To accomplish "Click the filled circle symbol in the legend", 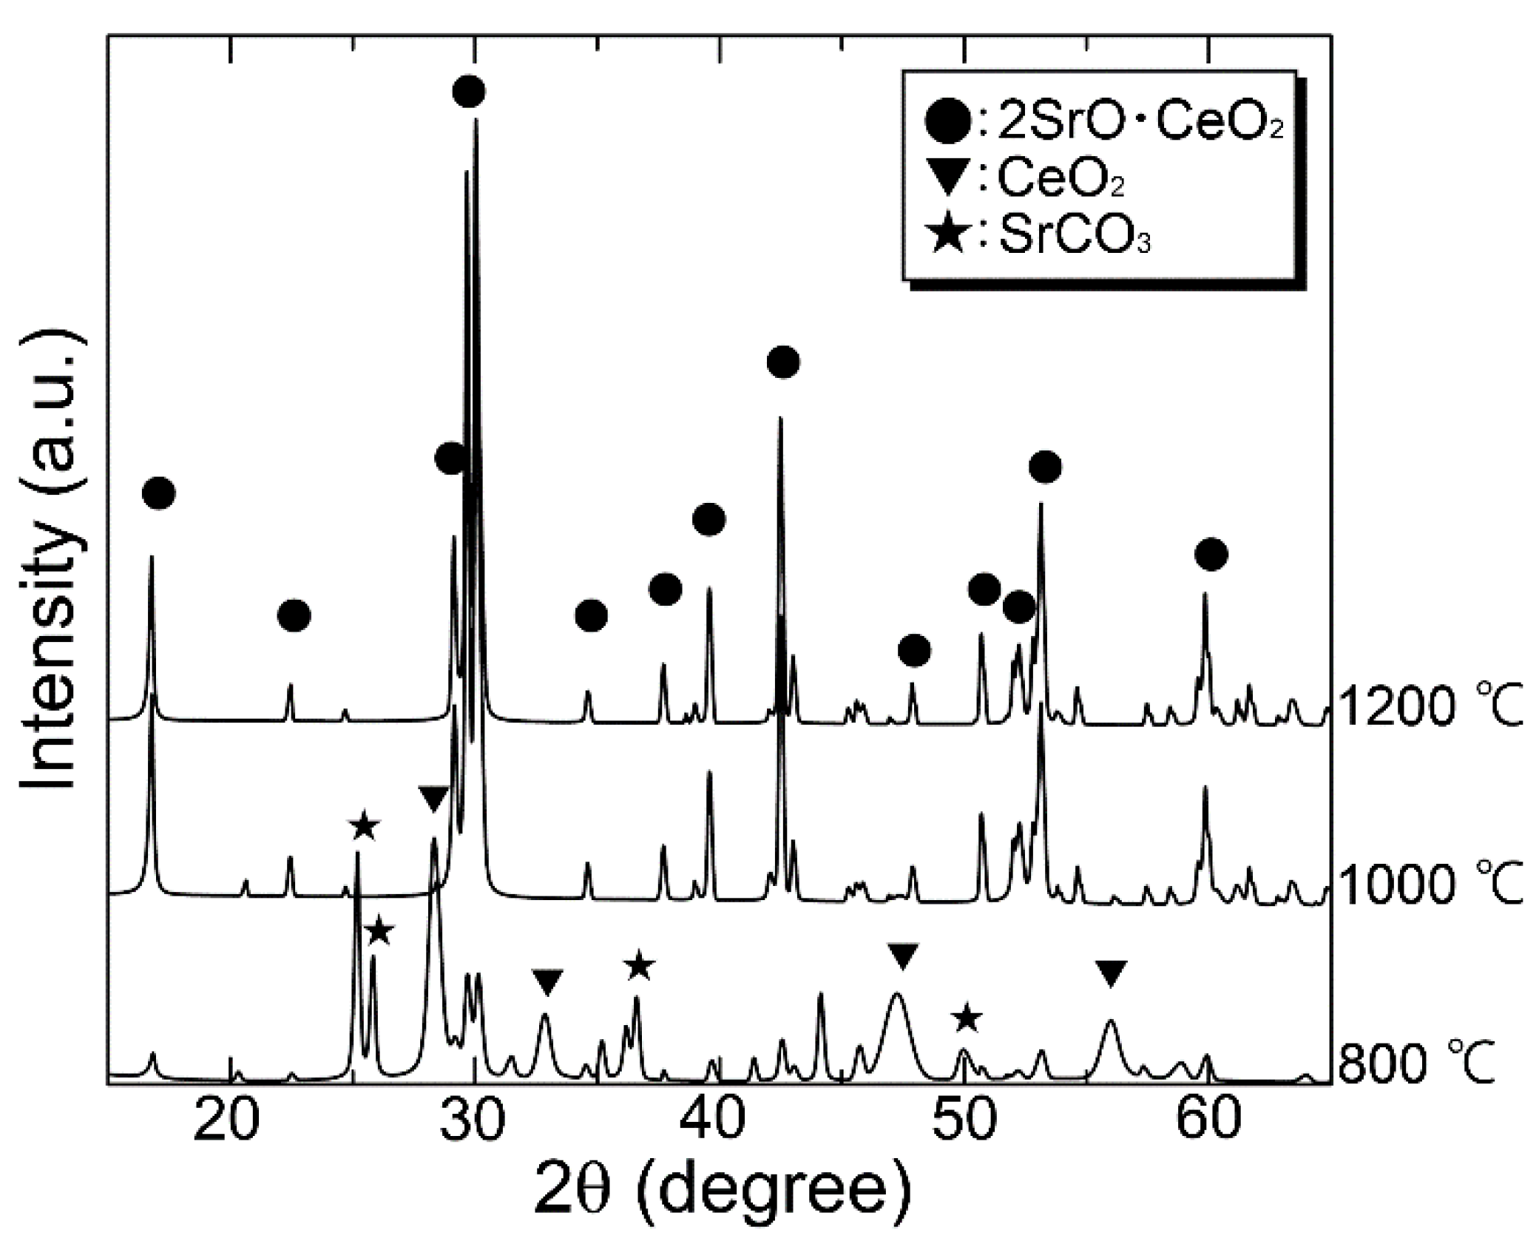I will click(x=947, y=123).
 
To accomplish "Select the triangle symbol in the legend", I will click(x=947, y=180).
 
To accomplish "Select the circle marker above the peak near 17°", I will click(x=158, y=493).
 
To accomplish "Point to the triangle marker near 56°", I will click(x=1111, y=973).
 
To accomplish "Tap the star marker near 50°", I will click(x=967, y=1018).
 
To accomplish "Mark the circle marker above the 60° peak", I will click(x=1211, y=554).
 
